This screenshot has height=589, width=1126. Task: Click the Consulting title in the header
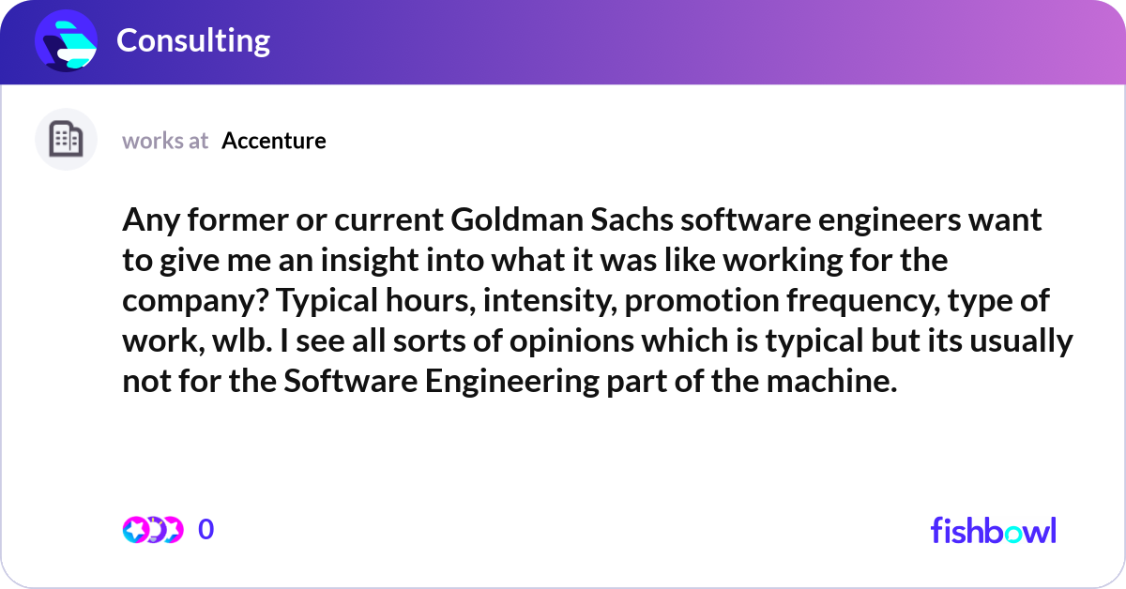193,40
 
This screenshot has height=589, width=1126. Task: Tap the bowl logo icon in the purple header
66,41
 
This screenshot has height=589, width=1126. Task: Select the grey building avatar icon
66,140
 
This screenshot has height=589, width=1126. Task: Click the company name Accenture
274,141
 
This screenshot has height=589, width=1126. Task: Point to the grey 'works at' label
165,141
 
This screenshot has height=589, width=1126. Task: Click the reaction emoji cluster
153,529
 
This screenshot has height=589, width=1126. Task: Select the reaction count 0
206,529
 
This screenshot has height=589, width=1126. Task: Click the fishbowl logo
993,530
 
